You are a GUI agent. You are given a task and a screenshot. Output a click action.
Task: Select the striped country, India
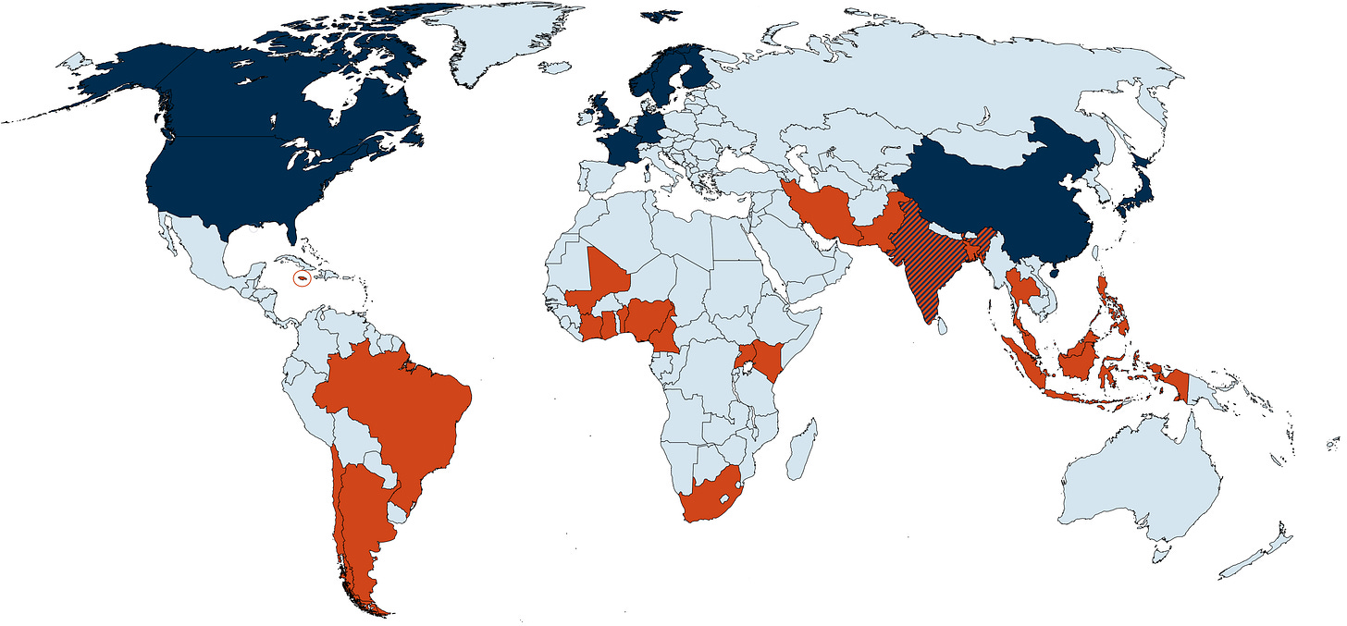pos(930,268)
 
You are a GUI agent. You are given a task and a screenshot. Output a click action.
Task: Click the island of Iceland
pos(555,68)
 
